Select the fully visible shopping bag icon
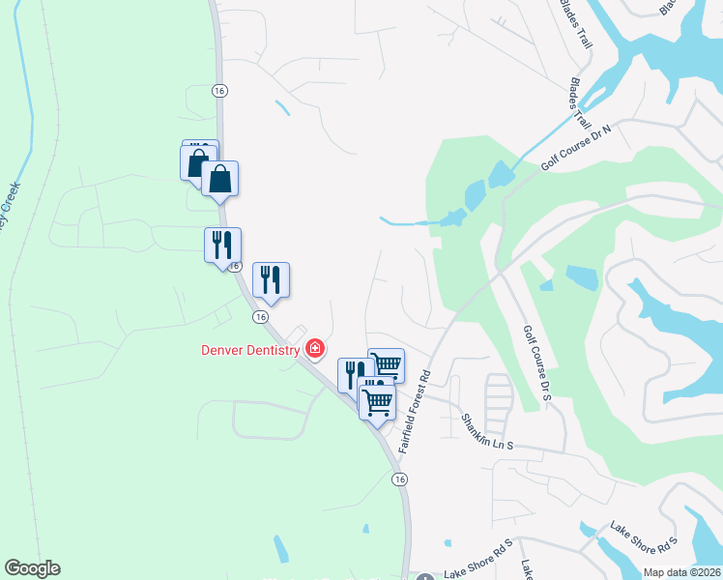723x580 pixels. point(220,179)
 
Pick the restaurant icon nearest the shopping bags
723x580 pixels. point(222,245)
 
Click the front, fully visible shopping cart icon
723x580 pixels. point(377,400)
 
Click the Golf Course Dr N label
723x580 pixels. point(576,147)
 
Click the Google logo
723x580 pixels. point(32,568)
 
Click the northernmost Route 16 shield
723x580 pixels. point(221,90)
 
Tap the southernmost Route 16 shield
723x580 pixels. point(398,479)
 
